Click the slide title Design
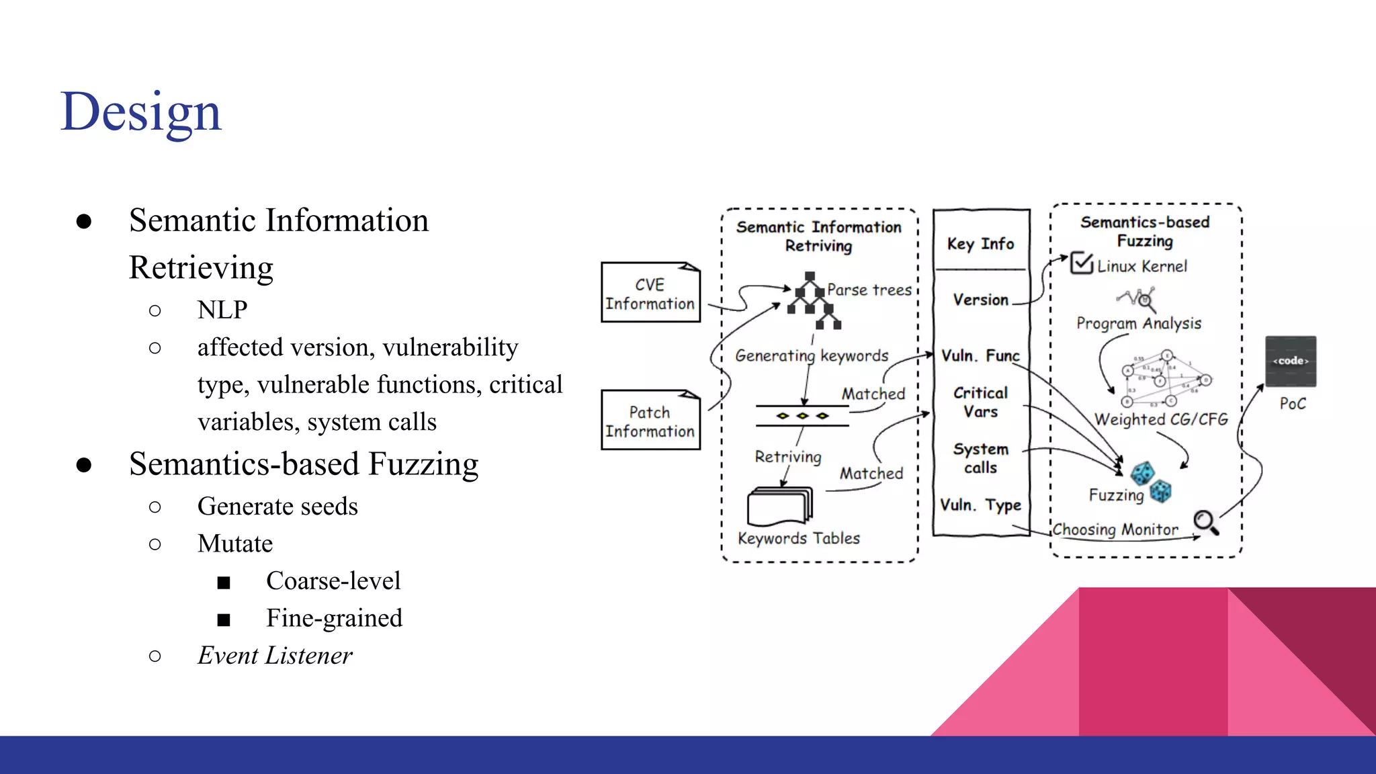coord(140,112)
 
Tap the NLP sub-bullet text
coord(222,310)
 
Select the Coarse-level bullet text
coord(333,580)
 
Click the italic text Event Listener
coord(274,655)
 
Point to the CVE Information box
coord(650,294)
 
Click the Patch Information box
coord(650,421)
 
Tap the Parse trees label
coord(869,290)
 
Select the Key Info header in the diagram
coord(980,244)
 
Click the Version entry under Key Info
coord(980,300)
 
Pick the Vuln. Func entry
coord(980,355)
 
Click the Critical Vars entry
coord(980,402)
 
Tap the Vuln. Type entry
coord(980,505)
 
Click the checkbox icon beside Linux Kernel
coord(1081,263)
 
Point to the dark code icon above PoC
coord(1291,361)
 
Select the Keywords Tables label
coord(799,538)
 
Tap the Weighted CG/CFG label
coord(1161,419)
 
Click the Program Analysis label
coord(1139,323)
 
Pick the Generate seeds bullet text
coord(277,506)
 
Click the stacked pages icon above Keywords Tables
coord(779,506)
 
